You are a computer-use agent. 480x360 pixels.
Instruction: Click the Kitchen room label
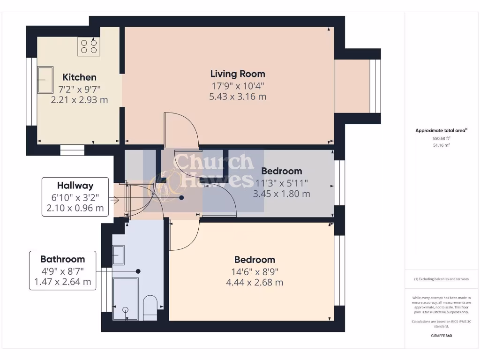79,77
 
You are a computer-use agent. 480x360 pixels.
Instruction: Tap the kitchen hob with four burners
89,46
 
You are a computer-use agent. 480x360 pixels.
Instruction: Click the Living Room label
238,74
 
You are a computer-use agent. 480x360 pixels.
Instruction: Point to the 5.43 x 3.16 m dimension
238,97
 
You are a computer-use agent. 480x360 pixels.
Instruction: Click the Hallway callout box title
75,186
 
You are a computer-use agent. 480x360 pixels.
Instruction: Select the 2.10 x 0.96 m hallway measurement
75,208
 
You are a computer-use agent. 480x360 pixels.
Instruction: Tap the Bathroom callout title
62,259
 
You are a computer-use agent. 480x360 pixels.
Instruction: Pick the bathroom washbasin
119,255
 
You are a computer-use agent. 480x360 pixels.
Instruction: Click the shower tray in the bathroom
126,299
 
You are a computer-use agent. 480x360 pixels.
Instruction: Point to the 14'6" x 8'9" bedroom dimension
255,271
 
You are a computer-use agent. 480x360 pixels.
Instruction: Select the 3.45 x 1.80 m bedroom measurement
281,193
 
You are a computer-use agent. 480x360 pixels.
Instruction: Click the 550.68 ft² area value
441,139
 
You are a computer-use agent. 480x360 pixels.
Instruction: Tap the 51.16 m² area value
441,145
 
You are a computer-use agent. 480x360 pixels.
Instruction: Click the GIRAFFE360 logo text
441,336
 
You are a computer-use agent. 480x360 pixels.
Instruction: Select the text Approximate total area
440,131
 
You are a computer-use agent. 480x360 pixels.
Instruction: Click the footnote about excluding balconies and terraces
441,279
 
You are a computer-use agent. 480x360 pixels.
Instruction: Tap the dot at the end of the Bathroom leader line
138,271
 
